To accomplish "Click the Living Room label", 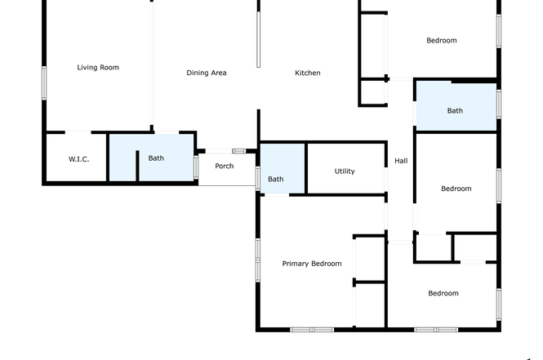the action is click(98, 68).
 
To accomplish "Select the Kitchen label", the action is click(308, 73).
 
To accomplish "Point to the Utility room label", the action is click(345, 171).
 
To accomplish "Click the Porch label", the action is click(225, 167).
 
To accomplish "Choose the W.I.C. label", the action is click(79, 159).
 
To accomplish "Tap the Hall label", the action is click(401, 161).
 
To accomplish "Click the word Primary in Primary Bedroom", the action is click(296, 264).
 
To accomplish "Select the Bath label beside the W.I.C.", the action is click(156, 158).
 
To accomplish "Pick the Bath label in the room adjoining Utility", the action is click(276, 180).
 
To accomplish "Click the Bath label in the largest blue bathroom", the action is click(455, 111).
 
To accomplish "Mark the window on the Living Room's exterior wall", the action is click(44, 83).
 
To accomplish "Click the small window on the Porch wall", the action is click(238, 151).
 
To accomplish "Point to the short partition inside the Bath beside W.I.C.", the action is click(137, 166).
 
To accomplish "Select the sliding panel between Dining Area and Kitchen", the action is click(258, 39).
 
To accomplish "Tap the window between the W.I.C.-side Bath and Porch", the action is click(196, 167).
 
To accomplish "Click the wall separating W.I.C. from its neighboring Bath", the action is click(108, 158).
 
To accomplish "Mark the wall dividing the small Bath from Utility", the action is click(306, 169).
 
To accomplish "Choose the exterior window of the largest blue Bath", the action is click(499, 104).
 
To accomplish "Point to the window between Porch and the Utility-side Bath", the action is click(258, 178).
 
